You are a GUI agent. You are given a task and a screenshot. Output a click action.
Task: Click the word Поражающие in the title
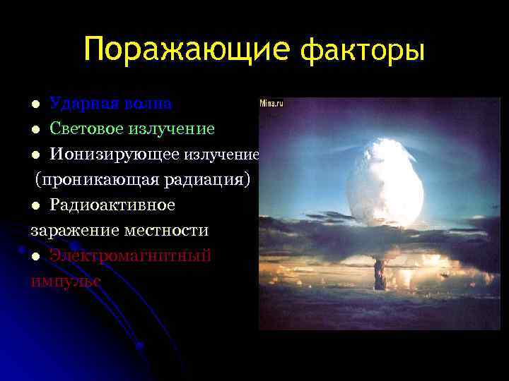pyautogui.click(x=187, y=50)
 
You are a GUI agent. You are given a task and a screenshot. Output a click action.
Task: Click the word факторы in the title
pyautogui.click(x=363, y=51)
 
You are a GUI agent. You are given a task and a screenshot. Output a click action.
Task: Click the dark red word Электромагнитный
pyautogui.click(x=130, y=255)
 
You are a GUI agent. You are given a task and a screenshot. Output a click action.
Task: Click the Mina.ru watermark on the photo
pyautogui.click(x=271, y=103)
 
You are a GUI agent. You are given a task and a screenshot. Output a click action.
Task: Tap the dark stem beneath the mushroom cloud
pyautogui.click(x=379, y=272)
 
